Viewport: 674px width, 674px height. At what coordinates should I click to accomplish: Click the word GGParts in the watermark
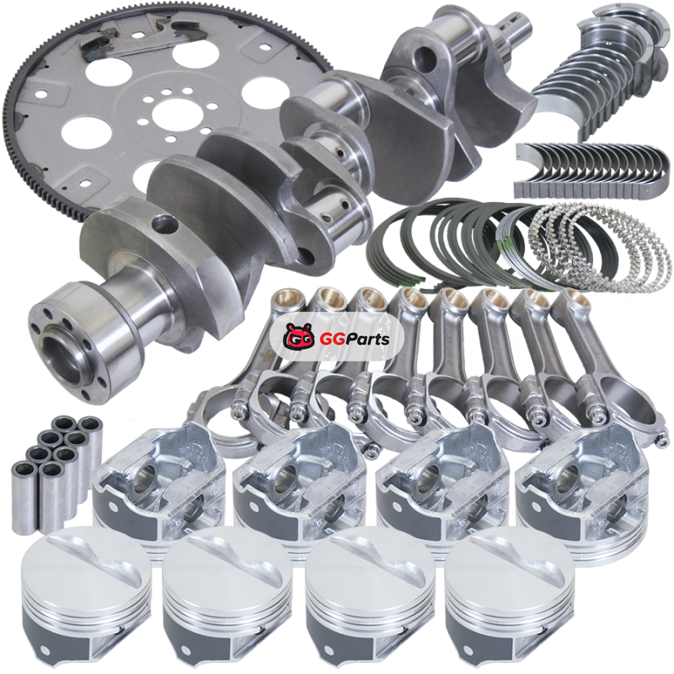coord(355,340)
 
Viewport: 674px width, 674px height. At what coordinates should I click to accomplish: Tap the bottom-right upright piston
coord(510,597)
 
